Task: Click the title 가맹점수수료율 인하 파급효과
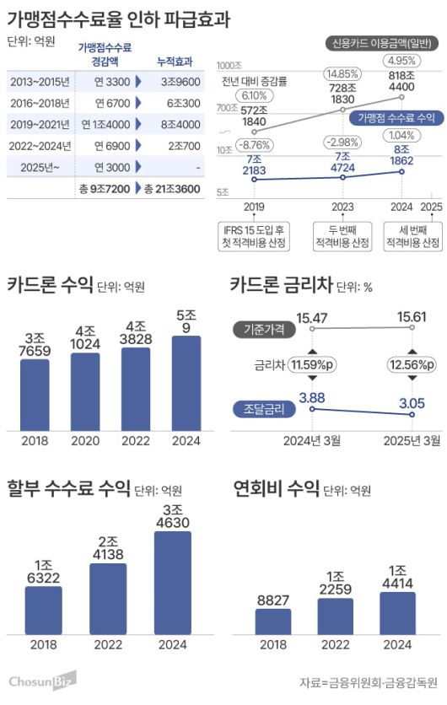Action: tap(118, 18)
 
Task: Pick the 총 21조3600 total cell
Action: tap(171, 190)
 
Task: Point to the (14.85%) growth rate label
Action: tap(342, 74)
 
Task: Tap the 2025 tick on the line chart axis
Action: tap(430, 207)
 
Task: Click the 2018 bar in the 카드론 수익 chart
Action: tap(35, 394)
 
